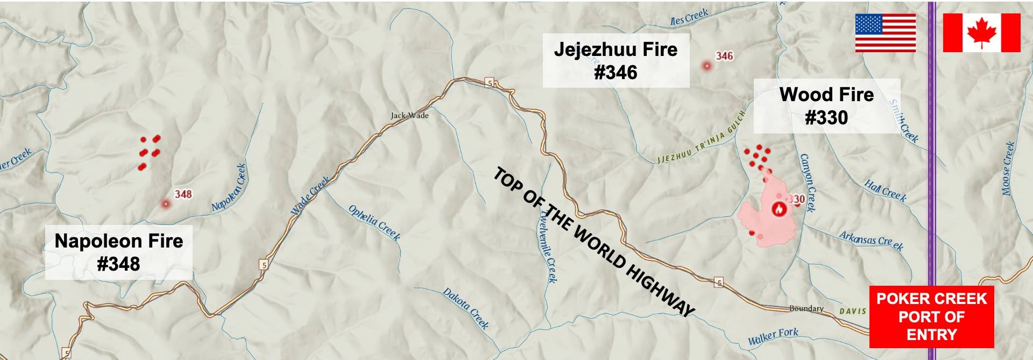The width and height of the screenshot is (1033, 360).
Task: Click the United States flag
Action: click(x=885, y=33)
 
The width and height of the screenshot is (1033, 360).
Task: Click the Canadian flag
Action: click(x=981, y=33)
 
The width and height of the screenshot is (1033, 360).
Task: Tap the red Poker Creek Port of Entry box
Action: click(x=931, y=316)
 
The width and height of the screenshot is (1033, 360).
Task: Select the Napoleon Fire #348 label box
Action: click(x=119, y=252)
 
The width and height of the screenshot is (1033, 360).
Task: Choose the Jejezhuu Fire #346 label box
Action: click(x=615, y=60)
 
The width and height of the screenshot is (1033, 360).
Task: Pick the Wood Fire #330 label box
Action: click(x=826, y=106)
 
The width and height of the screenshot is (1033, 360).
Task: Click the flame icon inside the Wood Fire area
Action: click(x=777, y=209)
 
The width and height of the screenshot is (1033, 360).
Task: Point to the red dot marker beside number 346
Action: click(x=706, y=66)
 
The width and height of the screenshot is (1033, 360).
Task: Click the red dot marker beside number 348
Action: click(x=166, y=204)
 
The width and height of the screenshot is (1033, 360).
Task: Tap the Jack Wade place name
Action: click(x=409, y=115)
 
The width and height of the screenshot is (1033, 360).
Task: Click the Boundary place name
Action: click(x=806, y=308)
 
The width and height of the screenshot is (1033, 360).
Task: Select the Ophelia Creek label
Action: click(x=374, y=222)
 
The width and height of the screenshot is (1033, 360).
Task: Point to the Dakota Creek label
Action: click(x=466, y=308)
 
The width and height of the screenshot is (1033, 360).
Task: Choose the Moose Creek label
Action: click(x=1008, y=168)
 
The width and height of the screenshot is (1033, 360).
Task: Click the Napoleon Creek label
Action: click(x=229, y=187)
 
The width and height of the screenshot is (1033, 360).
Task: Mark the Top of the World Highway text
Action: click(x=594, y=242)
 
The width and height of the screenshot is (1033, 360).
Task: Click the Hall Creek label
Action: click(x=886, y=191)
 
